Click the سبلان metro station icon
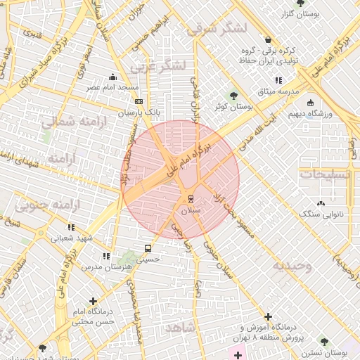tap(190, 199)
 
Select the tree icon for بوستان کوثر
tap(234, 95)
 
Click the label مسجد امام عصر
tap(112, 88)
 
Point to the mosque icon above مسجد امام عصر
tap(112, 77)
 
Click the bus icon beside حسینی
tap(148, 248)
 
